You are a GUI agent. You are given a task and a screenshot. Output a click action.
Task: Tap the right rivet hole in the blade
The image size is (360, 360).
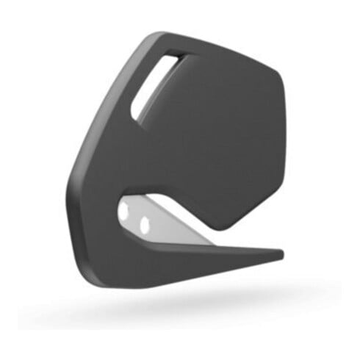point(145,223)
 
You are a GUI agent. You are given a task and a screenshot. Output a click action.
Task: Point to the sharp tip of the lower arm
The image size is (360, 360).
point(281,254)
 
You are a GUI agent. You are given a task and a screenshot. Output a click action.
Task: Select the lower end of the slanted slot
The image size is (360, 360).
point(135,114)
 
